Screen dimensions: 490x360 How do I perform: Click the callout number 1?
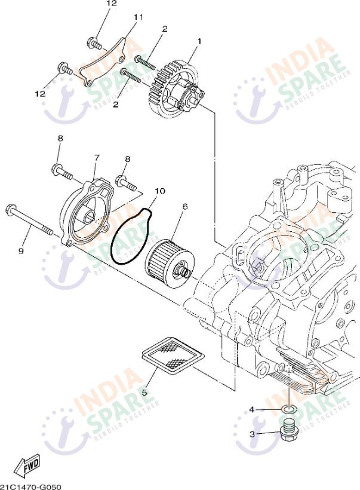coord(199,41)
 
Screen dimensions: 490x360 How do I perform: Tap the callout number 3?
coord(253,434)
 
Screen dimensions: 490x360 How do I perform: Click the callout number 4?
coord(252,409)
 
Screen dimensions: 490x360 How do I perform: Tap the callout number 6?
coord(184,206)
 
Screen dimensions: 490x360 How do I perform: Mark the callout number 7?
coord(96,157)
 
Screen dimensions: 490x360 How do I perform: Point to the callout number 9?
coord(20,251)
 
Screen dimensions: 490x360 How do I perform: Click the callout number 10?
coord(159,191)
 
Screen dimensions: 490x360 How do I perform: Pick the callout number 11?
coord(138,17)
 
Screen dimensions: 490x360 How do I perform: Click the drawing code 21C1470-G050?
coord(31,486)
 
